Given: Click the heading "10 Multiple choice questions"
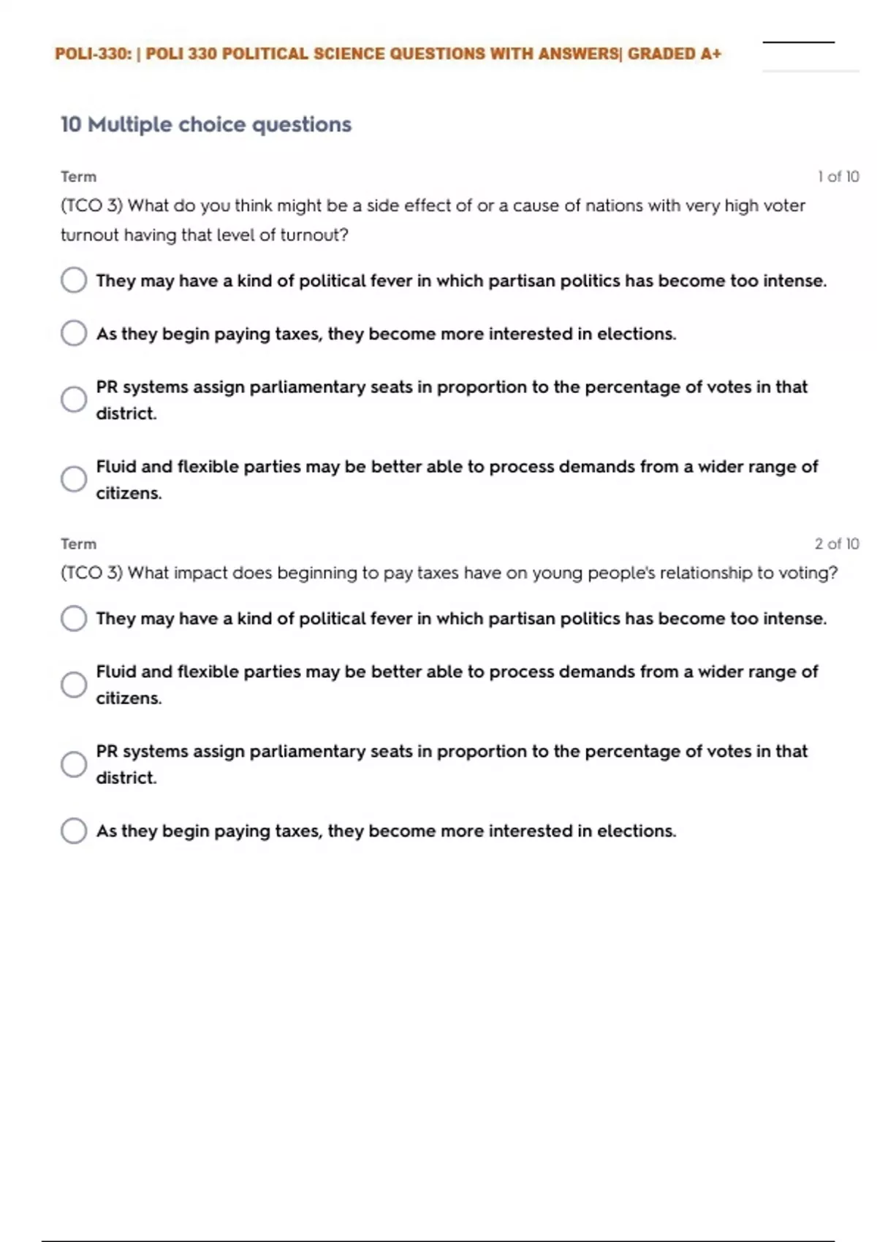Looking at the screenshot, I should [205, 125].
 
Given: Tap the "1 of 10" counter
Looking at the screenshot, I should [838, 177].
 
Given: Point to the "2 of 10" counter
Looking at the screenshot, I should [837, 544].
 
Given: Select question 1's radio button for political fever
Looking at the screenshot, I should [74, 280].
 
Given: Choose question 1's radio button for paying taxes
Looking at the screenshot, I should [74, 333].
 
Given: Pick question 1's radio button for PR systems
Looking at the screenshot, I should [74, 400].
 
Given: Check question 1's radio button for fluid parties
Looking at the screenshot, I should [74, 479].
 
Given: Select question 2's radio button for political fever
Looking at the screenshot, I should [74, 618].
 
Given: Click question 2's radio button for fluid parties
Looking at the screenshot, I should [74, 685].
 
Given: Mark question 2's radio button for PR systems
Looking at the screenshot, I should [74, 764].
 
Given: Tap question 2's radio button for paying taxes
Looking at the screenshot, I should [74, 831].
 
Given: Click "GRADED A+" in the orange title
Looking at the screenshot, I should [674, 54].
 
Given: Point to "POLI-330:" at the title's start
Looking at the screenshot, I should [93, 54].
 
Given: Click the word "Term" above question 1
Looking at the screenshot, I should [78, 177].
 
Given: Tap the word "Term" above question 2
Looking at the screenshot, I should [78, 544].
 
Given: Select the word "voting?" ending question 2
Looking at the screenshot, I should [808, 573].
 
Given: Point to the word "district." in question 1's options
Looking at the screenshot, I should [126, 414].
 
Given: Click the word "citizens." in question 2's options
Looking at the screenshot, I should [129, 698].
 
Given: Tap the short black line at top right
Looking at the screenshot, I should [798, 42].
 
